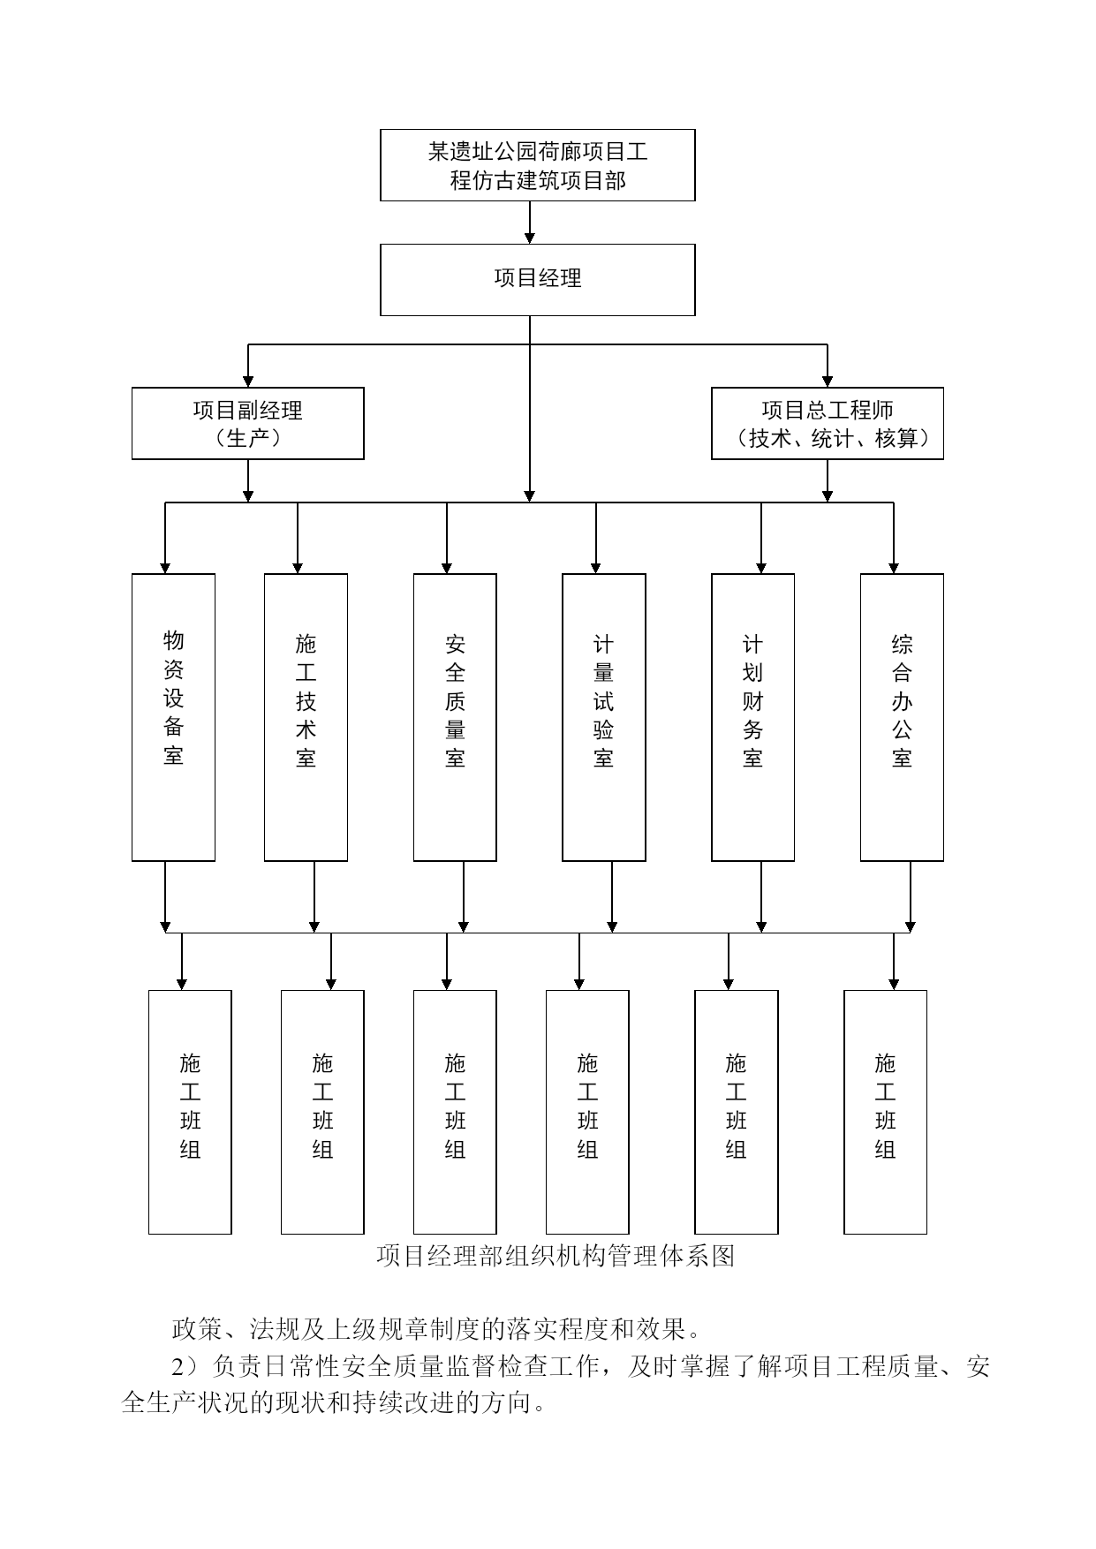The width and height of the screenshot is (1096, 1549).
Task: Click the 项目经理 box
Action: point(537,280)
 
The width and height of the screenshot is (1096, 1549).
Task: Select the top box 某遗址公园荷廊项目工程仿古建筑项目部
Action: point(537,165)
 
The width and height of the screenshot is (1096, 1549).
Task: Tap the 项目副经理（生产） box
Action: point(247,423)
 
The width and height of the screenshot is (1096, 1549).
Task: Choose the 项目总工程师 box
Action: point(828,423)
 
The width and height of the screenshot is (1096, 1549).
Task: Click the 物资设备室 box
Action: point(173,717)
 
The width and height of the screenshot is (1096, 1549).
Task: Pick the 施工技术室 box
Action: point(306,717)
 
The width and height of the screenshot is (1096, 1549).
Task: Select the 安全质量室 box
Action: point(455,717)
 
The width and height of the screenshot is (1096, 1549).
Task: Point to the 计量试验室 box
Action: point(604,717)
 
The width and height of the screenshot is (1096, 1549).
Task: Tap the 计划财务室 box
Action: point(752,717)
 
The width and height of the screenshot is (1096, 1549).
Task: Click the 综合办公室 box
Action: point(902,717)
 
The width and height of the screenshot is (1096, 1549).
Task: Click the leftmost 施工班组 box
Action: point(190,1112)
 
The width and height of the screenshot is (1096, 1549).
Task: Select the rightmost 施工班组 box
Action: point(885,1112)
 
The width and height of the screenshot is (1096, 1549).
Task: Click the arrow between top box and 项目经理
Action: point(530,223)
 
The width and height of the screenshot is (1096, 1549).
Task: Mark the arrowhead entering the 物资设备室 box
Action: point(165,568)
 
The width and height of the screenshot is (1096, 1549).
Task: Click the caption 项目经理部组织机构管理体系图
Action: point(556,1255)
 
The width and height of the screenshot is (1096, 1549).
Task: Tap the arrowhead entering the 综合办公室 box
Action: point(894,568)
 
